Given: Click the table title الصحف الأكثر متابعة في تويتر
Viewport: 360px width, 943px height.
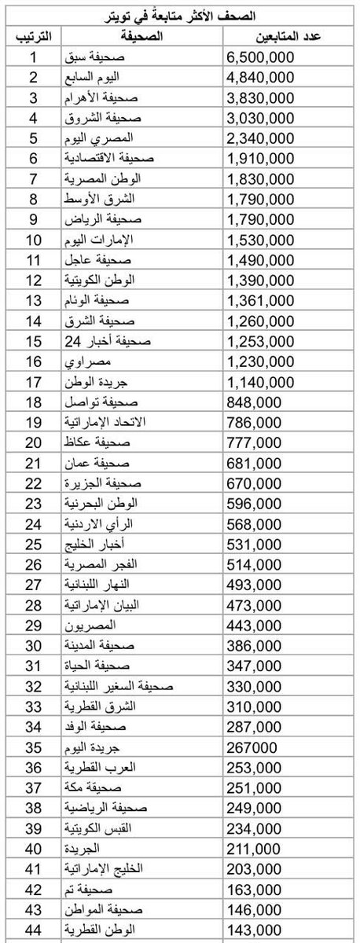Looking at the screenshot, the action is point(179,16).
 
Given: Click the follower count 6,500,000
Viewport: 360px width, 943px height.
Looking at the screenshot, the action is point(260,57).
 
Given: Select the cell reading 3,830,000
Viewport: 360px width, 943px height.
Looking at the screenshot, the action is point(260,98).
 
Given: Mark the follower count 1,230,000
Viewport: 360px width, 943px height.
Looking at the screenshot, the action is point(260,360).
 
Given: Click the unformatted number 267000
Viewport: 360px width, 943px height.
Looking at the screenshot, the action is point(252,747).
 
